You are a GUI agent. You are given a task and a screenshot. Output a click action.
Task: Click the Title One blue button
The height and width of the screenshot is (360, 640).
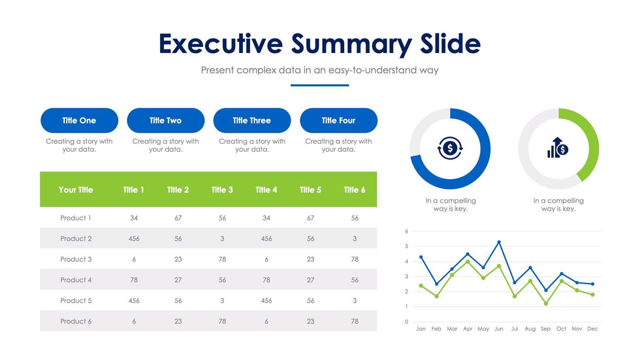[79, 121]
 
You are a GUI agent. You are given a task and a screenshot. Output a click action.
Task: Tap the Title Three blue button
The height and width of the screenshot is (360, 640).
[251, 121]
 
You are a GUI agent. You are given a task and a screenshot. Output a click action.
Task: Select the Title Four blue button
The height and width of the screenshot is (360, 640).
[338, 121]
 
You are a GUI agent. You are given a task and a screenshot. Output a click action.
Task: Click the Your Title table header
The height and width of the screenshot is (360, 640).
[76, 190]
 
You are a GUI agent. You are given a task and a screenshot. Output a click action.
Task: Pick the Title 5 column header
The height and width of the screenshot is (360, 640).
[310, 190]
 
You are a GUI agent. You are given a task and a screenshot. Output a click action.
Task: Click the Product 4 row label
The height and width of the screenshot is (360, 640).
[76, 280]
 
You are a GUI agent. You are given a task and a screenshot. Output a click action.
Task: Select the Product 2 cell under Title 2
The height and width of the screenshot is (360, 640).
[178, 239]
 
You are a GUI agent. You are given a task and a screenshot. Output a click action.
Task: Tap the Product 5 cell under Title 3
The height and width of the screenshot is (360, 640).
[222, 301]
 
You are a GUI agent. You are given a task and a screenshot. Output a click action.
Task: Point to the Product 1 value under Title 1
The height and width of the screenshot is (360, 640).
[134, 218]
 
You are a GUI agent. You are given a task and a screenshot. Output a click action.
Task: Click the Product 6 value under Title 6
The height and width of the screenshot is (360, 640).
[355, 321]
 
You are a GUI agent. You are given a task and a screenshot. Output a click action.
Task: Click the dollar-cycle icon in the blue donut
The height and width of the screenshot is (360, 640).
[449, 148]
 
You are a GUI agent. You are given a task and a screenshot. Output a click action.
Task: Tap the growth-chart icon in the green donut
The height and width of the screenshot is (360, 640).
[558, 148]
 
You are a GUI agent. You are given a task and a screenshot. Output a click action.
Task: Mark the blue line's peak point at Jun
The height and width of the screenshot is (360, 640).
[499, 242]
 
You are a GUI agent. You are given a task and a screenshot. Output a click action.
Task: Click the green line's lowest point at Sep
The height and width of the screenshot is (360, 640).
[546, 304]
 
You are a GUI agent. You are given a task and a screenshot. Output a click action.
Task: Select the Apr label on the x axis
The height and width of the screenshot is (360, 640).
[468, 329]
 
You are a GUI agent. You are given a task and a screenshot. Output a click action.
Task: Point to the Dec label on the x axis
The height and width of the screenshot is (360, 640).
[592, 329]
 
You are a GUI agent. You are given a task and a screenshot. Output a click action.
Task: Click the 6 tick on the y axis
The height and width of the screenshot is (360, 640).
[406, 231]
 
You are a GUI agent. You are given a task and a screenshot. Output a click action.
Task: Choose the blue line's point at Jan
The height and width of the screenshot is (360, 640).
[421, 257]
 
